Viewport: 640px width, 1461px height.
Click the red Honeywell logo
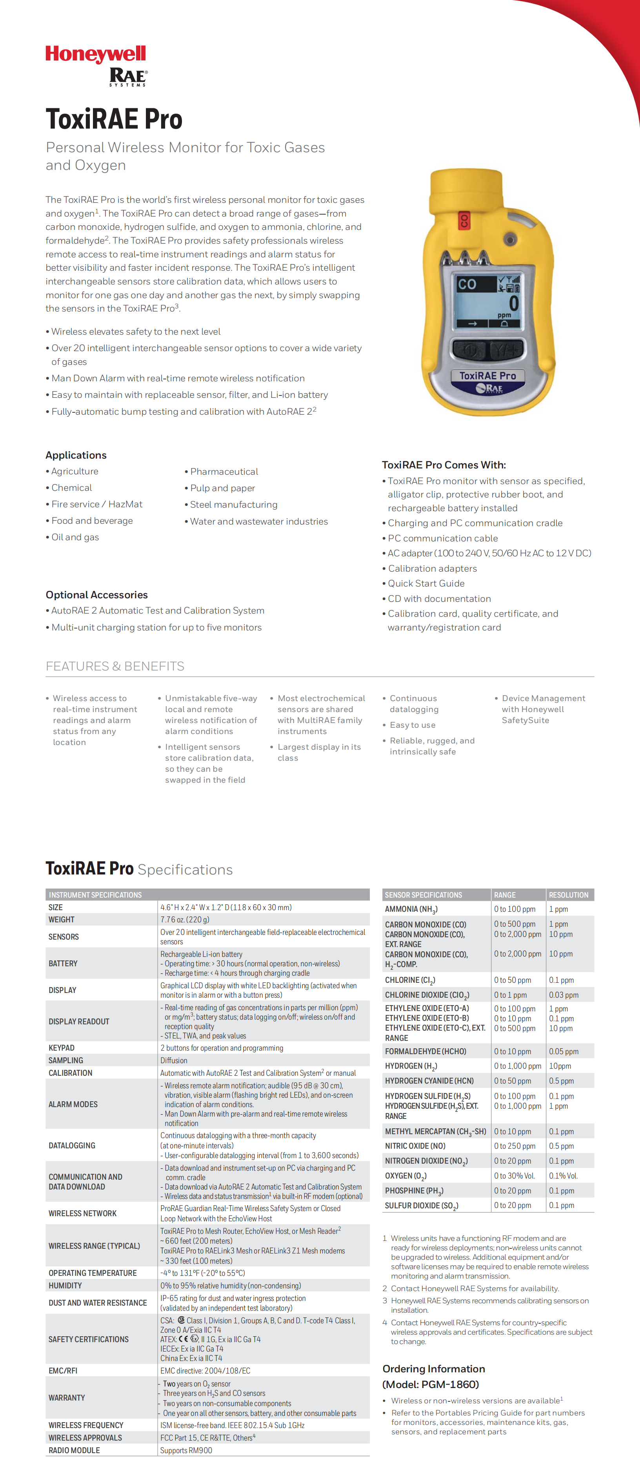point(95,55)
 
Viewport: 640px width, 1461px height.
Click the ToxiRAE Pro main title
point(114,119)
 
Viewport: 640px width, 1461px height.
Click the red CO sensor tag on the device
point(464,220)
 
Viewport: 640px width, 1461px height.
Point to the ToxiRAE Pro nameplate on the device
point(487,375)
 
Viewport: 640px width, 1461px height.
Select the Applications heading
point(76,455)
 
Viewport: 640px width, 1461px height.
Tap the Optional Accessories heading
point(96,594)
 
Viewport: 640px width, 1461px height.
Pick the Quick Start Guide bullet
point(426,583)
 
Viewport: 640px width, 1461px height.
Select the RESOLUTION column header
point(569,894)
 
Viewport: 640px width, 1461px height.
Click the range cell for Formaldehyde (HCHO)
point(513,1051)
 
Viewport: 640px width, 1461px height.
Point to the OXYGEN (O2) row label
point(405,1176)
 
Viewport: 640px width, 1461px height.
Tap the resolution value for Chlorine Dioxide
point(564,995)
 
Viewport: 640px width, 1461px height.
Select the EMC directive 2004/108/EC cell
point(205,1370)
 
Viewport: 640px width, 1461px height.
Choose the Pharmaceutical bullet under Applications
point(224,471)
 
